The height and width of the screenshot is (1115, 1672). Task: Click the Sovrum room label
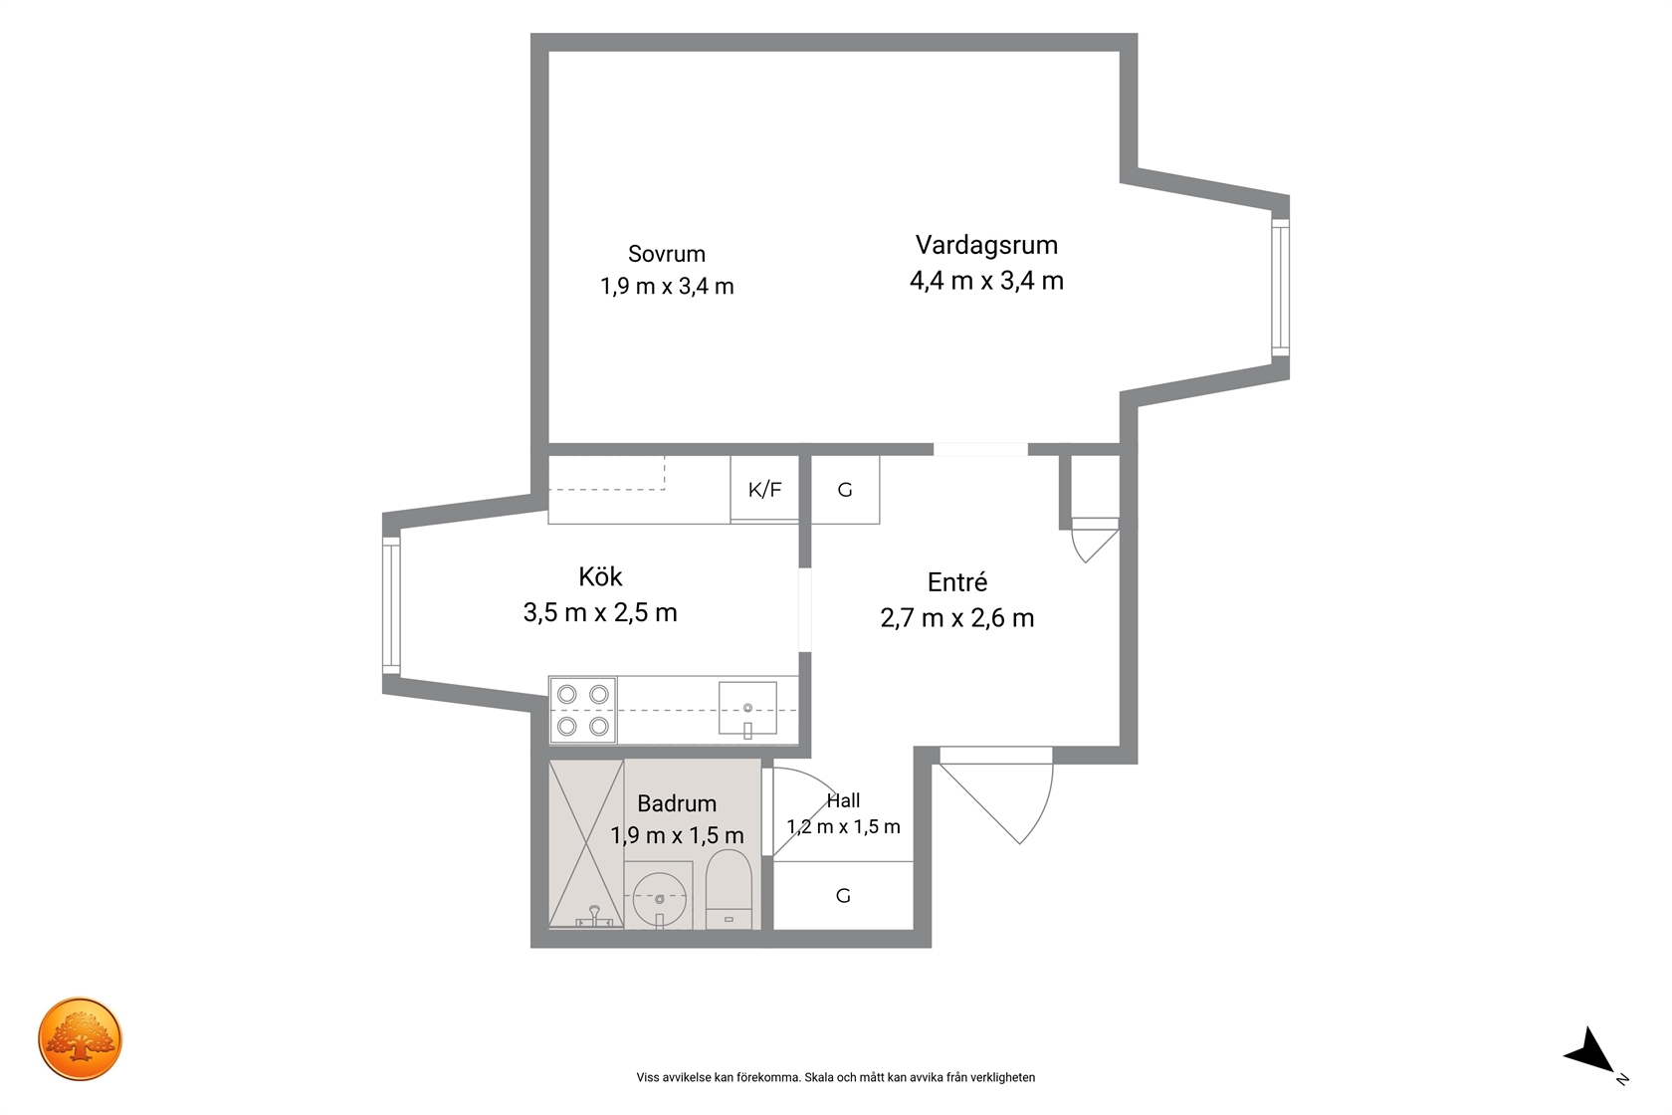(x=667, y=254)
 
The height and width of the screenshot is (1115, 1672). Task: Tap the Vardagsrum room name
(x=987, y=245)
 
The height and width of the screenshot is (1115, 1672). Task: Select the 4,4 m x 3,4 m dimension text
(x=987, y=281)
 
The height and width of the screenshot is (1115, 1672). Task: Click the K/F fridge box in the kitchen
(x=764, y=489)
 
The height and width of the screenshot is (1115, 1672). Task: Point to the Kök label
(x=600, y=576)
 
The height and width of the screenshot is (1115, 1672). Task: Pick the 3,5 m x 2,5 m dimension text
(x=600, y=612)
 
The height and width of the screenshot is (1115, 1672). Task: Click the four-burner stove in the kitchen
(x=583, y=710)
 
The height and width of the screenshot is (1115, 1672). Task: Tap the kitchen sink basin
(x=747, y=708)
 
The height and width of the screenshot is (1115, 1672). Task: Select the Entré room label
(x=957, y=582)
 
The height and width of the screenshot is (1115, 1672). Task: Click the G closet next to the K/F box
(x=845, y=489)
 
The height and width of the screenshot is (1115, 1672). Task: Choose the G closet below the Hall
(x=843, y=895)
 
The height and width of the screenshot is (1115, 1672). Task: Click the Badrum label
(x=677, y=803)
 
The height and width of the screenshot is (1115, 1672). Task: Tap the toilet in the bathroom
(x=729, y=889)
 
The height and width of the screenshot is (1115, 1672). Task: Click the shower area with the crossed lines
(x=586, y=844)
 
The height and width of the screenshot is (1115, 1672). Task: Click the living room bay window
(x=1280, y=288)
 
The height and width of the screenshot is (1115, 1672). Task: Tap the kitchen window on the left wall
(x=391, y=605)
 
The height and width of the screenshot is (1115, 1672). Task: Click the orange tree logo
(x=80, y=1038)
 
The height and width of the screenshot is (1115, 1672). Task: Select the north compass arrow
(x=1592, y=1053)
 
